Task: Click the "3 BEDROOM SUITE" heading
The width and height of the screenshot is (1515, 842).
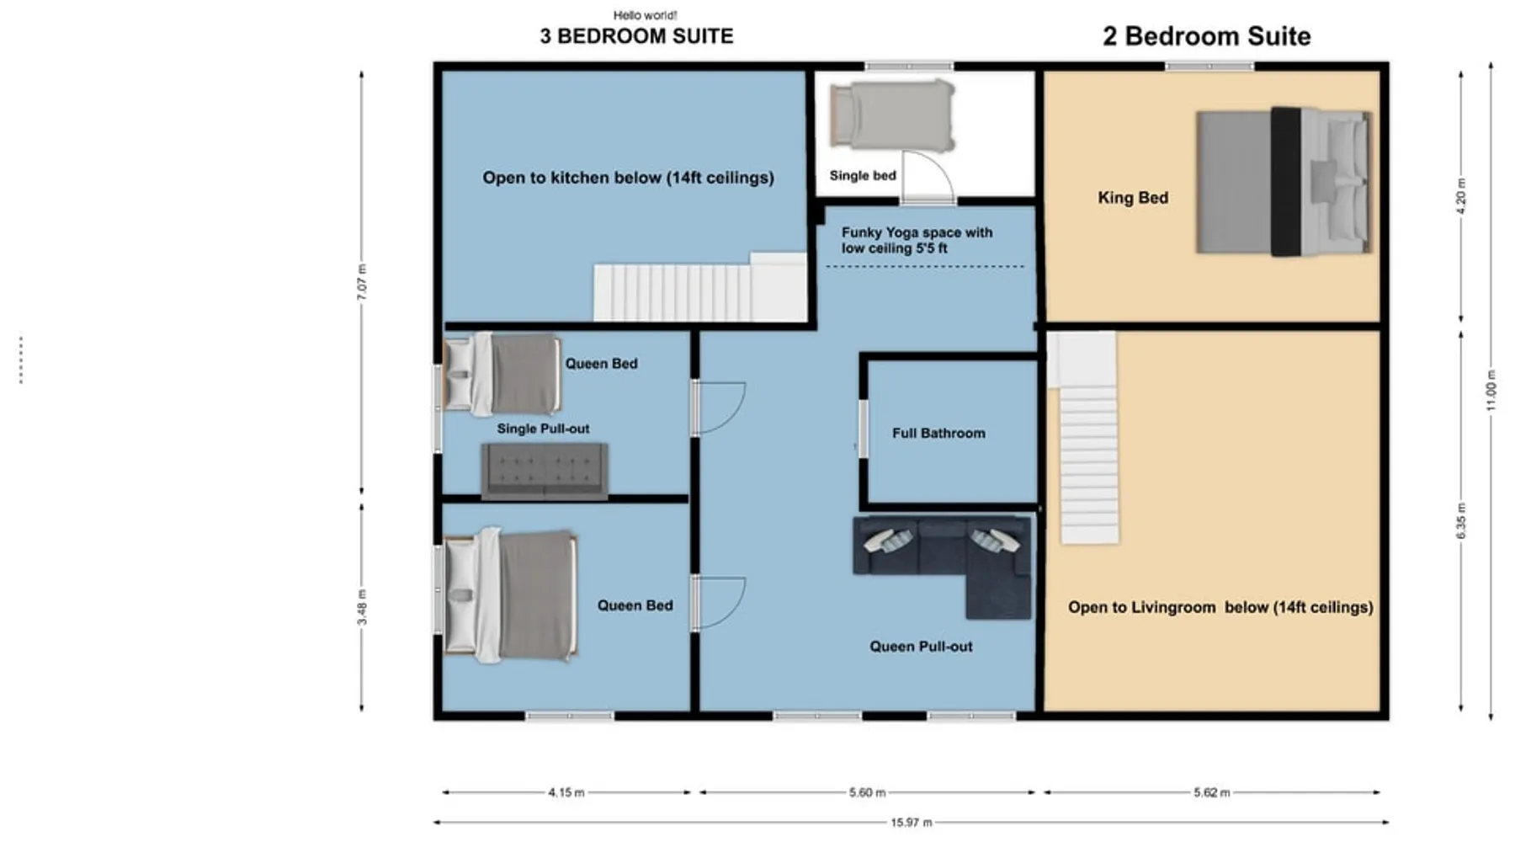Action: tap(636, 36)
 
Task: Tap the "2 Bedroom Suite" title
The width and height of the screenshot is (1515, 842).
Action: tap(1207, 36)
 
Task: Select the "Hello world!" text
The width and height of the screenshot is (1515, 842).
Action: tap(645, 15)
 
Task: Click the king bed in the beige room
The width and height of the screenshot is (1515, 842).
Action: tap(1284, 181)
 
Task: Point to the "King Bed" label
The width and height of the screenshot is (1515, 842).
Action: tap(1133, 198)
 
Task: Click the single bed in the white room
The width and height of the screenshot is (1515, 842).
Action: tap(892, 115)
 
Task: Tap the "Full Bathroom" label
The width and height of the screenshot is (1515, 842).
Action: tap(938, 433)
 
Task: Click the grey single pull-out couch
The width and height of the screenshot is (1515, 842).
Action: tap(545, 471)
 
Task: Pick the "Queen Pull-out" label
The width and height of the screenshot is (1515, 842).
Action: tap(921, 647)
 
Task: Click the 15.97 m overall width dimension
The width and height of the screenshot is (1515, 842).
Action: tap(912, 822)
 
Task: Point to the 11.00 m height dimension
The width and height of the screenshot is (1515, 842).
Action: tap(1491, 391)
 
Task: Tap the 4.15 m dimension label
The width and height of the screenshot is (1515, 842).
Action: tap(566, 792)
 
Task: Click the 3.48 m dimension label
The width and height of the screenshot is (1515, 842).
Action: tap(362, 607)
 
